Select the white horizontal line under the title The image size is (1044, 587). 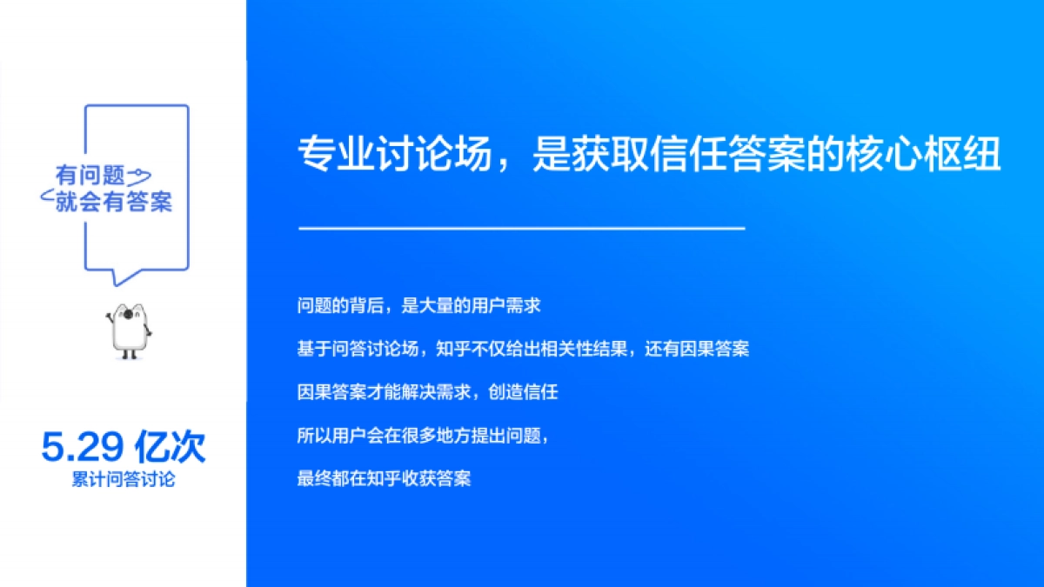coord(522,229)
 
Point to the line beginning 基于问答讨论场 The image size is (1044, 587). coord(523,349)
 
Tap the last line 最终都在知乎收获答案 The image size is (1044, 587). coord(384,478)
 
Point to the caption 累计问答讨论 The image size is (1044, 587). coord(123,479)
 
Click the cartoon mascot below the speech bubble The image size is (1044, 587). coord(129,330)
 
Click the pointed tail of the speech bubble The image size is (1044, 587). coord(121,277)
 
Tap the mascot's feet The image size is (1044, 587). coord(129,354)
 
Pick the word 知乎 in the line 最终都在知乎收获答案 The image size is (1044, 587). coord(384,478)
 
